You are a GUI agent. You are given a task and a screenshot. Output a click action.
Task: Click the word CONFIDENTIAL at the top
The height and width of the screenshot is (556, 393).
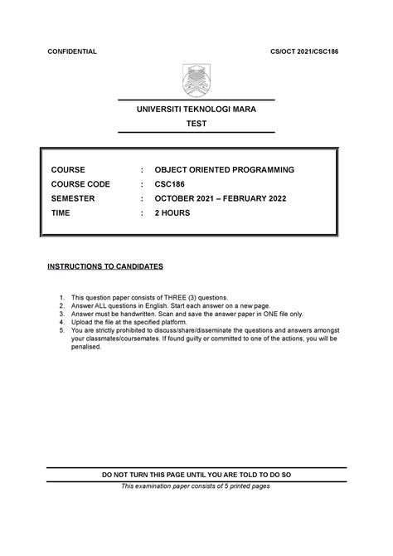72,51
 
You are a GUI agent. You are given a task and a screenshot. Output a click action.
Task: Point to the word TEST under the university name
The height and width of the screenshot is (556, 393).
196,124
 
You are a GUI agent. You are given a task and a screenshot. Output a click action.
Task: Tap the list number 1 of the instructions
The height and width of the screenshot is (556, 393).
61,296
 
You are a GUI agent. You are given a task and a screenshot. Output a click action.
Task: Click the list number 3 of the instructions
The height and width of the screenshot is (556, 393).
61,314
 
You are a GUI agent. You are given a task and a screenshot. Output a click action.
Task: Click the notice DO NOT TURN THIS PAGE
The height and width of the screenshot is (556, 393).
196,475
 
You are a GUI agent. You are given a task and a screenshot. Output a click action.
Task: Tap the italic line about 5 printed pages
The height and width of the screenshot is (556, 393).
196,486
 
